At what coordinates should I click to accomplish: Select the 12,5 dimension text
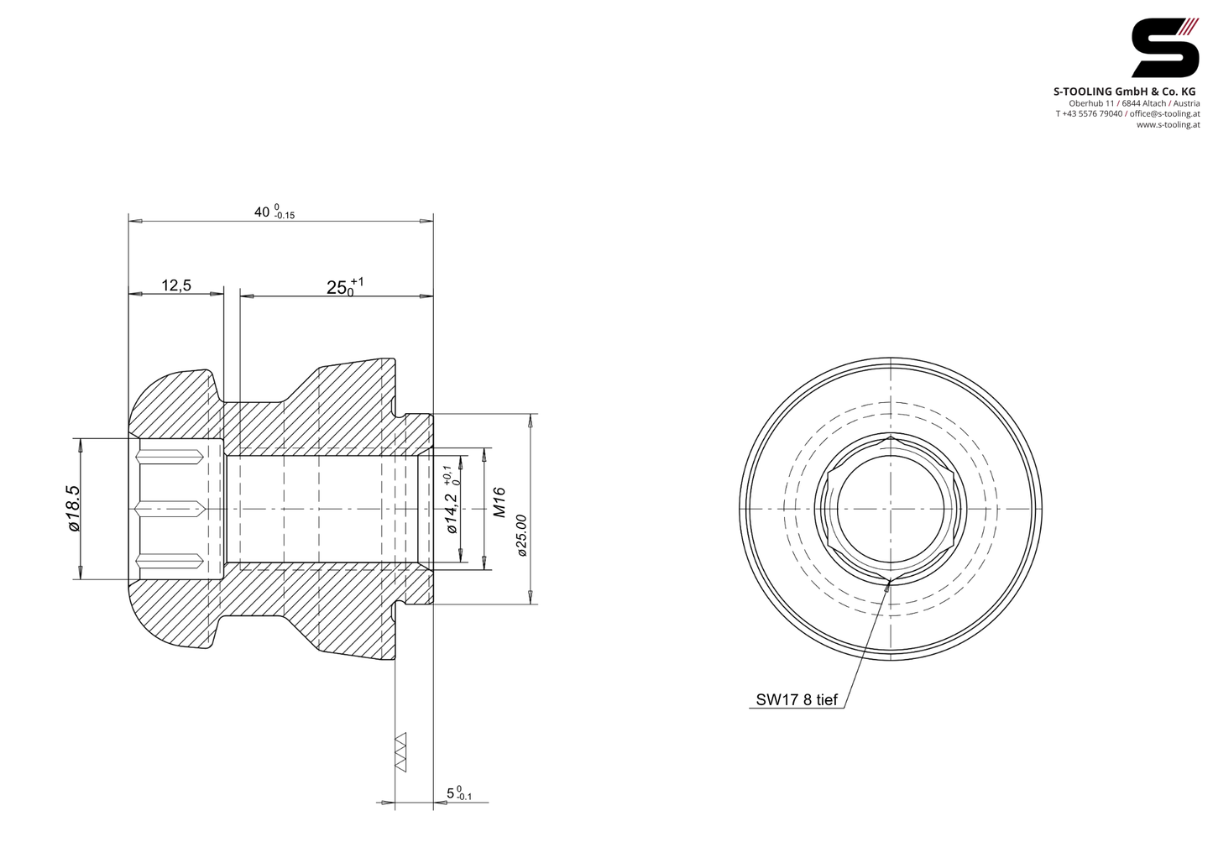[176, 285]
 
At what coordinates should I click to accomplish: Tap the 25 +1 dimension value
[345, 286]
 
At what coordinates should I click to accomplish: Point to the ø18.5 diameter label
[74, 508]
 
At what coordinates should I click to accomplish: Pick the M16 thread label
[499, 502]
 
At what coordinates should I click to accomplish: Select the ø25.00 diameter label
[521, 535]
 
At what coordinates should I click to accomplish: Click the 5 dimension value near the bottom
[458, 793]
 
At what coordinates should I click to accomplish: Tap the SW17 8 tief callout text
[797, 700]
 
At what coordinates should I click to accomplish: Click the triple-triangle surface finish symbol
[400, 752]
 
